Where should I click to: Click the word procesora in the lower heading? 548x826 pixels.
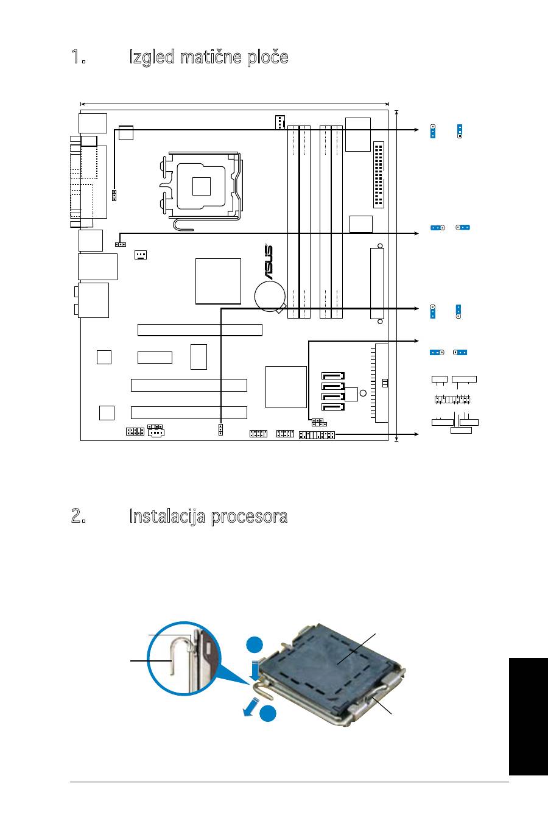click(249, 517)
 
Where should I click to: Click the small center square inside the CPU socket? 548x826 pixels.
click(202, 185)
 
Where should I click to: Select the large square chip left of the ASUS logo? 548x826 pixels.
click(218, 281)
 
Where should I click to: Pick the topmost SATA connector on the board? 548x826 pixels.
click(331, 376)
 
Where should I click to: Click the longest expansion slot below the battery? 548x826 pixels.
click(200, 330)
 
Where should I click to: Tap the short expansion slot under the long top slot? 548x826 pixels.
click(155, 357)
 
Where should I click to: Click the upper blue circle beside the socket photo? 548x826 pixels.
click(255, 645)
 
